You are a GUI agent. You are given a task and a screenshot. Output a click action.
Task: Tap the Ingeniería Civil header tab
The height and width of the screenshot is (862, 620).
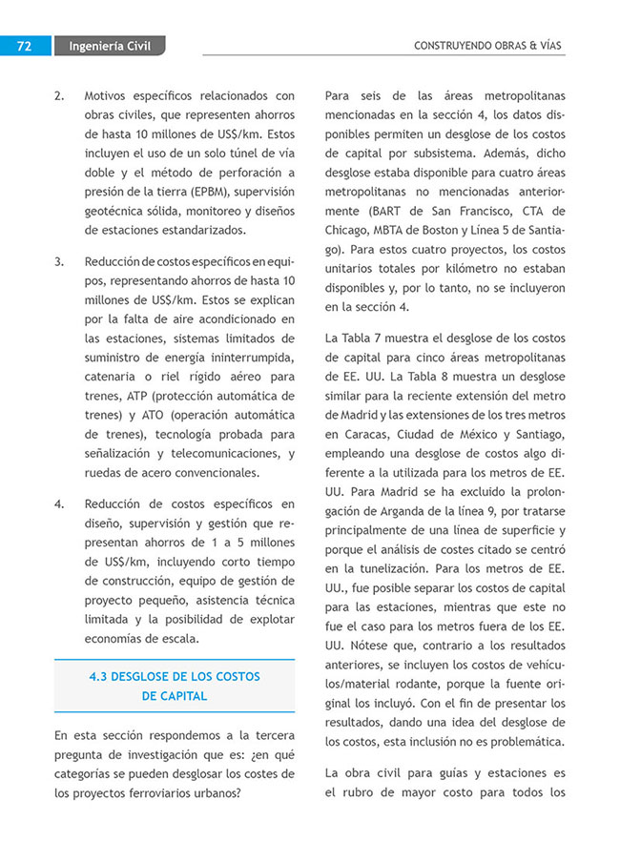coord(111,46)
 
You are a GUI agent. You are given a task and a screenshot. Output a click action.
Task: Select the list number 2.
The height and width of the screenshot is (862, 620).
coord(59,96)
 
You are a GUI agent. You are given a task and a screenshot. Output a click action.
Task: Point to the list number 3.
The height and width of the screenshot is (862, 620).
coord(59,261)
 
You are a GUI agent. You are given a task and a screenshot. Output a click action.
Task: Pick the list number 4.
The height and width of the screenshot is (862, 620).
coord(59,504)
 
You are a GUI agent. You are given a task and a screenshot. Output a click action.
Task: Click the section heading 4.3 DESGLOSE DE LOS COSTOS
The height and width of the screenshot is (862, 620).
coord(174,676)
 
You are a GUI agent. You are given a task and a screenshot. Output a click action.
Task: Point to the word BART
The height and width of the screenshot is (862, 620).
coord(382,211)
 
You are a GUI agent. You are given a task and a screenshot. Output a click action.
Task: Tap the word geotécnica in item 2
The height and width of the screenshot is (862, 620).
coord(119,211)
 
